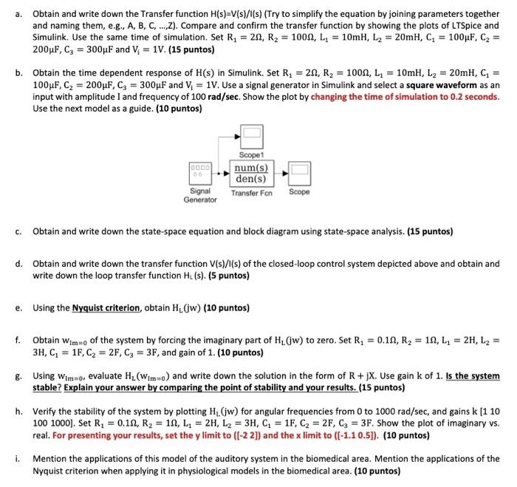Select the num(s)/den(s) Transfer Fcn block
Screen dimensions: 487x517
250,174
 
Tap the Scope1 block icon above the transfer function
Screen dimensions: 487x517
252,135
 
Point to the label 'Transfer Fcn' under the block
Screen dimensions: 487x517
251,192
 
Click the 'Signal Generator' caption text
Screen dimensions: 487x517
200,196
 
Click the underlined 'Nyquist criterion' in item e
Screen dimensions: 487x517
106,308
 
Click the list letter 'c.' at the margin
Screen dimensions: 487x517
18,231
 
